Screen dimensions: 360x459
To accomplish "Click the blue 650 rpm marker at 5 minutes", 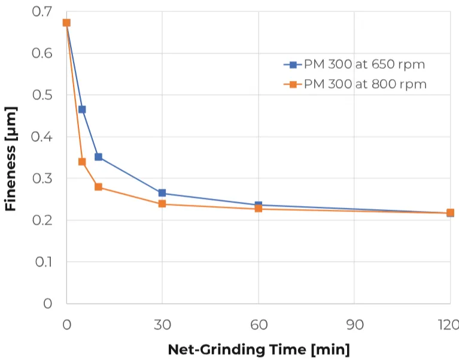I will (82, 110).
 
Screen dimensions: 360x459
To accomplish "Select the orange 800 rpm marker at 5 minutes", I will (82, 162).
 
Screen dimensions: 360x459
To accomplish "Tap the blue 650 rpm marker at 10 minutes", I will (98, 157).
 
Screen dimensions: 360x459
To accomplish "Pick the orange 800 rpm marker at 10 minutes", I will (98, 187).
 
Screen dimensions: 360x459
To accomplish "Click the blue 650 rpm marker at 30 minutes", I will (162, 193).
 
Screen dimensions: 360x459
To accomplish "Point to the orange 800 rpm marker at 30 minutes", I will (162, 204).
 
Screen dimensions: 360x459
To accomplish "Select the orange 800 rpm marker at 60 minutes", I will (259, 208).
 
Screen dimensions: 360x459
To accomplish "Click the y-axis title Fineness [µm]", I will (10, 159).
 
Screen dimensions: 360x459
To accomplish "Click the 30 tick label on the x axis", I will (162, 325).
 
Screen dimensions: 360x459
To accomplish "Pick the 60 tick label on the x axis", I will (259, 325).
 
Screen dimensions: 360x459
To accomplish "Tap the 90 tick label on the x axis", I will (354, 325).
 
